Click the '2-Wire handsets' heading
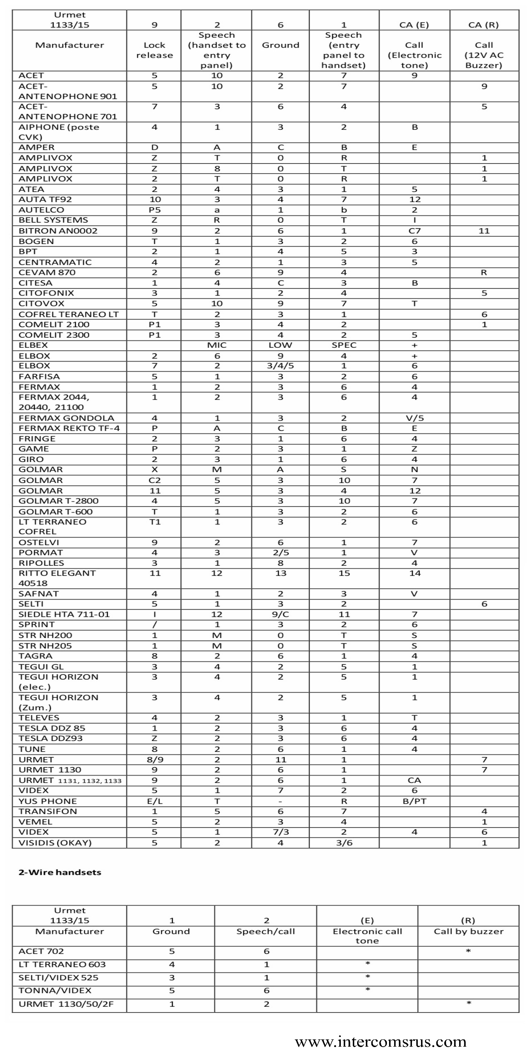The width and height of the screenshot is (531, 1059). pyautogui.click(x=60, y=872)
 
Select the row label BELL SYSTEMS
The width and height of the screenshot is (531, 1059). pyautogui.click(x=53, y=220)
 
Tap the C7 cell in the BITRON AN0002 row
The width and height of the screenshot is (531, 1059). pyautogui.click(x=414, y=231)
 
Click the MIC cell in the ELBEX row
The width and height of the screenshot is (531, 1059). pyautogui.click(x=217, y=345)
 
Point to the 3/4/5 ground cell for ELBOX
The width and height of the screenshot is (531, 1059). pyautogui.click(x=280, y=366)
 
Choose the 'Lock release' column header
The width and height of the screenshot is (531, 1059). pyautogui.click(x=154, y=50)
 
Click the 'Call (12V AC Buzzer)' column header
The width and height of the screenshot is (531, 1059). pyautogui.click(x=484, y=55)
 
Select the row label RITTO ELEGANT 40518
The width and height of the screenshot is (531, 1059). pyautogui.click(x=57, y=578)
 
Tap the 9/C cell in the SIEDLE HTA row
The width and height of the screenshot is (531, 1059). pyautogui.click(x=280, y=614)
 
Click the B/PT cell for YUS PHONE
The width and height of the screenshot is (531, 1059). pyautogui.click(x=414, y=801)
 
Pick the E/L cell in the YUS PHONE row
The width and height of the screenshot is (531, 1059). pyautogui.click(x=154, y=801)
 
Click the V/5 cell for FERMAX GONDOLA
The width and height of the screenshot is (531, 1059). pyautogui.click(x=414, y=418)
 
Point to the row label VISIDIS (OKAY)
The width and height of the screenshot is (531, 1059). pyautogui.click(x=55, y=843)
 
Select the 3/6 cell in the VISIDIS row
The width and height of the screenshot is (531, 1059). pyautogui.click(x=344, y=843)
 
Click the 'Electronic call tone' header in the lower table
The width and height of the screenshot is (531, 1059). pyautogui.click(x=367, y=936)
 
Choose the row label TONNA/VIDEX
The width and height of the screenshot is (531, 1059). pyautogui.click(x=55, y=991)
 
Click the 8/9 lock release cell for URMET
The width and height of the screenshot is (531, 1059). pyautogui.click(x=154, y=760)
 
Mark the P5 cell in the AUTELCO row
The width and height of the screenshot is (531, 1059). pyautogui.click(x=154, y=210)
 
